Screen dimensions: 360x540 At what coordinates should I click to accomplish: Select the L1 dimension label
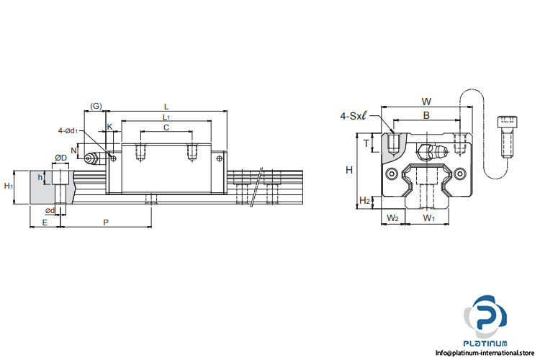pos(166,117)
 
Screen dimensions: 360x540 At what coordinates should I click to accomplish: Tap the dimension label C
pos(166,127)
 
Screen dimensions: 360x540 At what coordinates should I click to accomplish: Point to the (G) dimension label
pos(95,107)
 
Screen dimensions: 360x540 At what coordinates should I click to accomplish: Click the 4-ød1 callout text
pos(69,130)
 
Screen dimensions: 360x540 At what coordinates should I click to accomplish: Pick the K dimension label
pos(109,127)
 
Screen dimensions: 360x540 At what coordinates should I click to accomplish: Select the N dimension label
pos(74,151)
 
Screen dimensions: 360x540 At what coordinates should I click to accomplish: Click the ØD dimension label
pos(61,158)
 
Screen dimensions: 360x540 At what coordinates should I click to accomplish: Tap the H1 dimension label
pos(9,186)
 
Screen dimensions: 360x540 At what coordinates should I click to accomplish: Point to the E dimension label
pos(45,223)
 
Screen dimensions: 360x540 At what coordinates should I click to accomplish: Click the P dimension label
pos(106,223)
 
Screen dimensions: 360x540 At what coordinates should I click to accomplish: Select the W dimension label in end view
pos(426,102)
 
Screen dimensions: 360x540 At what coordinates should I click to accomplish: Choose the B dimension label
pos(426,114)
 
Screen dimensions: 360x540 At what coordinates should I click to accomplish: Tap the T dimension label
pos(366,144)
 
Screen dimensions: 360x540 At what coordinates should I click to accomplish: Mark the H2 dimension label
pos(364,201)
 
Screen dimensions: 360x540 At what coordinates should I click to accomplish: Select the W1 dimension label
pos(428,217)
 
